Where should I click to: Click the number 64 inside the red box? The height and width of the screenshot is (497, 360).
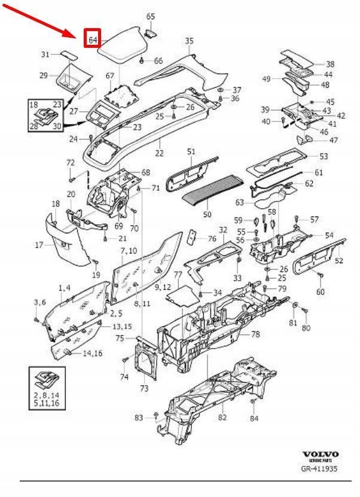coord(93,40)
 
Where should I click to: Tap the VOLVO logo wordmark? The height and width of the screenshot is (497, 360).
coord(320,454)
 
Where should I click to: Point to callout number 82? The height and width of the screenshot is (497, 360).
coord(222,417)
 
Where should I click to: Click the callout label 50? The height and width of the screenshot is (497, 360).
coord(207,214)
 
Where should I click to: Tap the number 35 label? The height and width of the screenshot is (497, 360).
coord(189,41)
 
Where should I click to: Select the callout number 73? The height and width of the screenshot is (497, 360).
coord(144,389)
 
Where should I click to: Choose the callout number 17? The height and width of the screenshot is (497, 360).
coord(39,244)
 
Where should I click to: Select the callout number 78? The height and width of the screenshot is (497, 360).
coord(255,334)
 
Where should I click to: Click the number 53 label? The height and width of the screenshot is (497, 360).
coord(324,157)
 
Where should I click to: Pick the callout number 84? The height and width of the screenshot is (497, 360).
coord(254,419)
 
